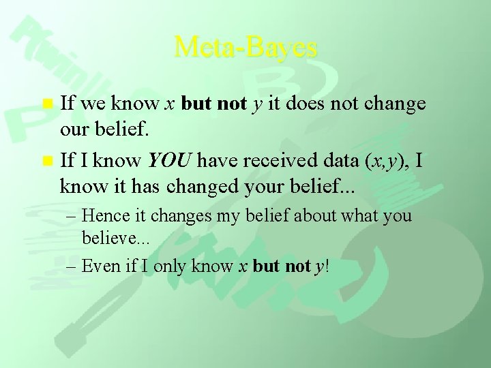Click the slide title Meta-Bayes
tap(245, 47)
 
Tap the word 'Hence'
tap(103, 216)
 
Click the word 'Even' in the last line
tap(100, 266)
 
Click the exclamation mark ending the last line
tap(327, 266)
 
